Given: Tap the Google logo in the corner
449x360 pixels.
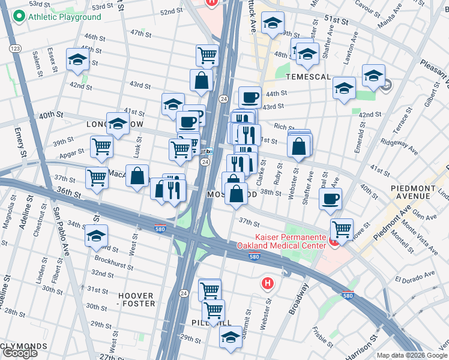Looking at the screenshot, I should coord(20,353).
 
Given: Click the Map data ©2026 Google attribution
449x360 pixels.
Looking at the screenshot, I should coord(412,355).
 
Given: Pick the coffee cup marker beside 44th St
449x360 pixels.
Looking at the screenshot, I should coord(250,96).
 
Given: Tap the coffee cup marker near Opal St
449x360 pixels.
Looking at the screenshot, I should coord(330,199).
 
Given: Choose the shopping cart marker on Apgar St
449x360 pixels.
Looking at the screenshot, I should coord(101,145).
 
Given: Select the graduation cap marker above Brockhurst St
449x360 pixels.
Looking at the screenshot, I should coord(96,235).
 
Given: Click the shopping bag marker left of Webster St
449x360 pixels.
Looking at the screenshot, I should coord(299,145).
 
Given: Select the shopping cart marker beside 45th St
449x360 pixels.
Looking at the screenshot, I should coord(207,55).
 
